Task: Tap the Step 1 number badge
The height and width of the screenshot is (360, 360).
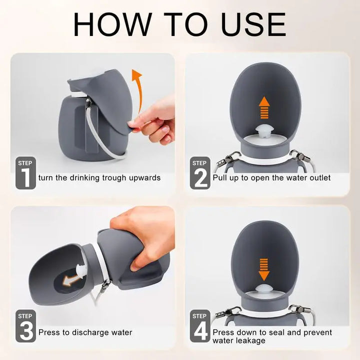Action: pos(25,173)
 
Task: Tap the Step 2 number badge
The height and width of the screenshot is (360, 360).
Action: pos(199,173)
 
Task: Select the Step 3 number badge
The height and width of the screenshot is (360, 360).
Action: pos(25,327)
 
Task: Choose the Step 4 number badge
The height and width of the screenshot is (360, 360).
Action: pos(199,327)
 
